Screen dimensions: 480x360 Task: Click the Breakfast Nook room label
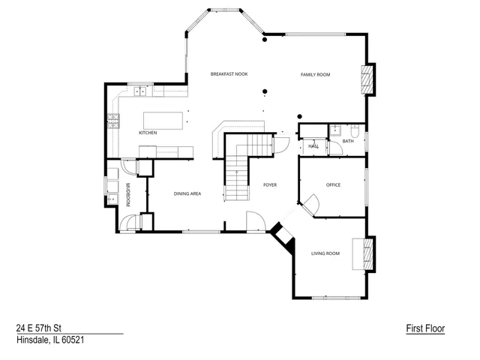[x=229, y=74]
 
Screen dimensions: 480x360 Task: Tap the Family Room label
[x=315, y=75]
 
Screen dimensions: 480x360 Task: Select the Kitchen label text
[x=148, y=133]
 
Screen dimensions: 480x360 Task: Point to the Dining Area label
[x=187, y=193]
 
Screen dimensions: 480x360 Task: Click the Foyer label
[x=270, y=185]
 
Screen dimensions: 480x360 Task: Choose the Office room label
[x=333, y=185]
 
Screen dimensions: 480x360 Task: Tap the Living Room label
[x=325, y=253]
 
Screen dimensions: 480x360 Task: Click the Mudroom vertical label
[x=128, y=195]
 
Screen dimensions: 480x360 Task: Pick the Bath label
[x=348, y=141]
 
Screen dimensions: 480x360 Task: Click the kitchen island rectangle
[x=163, y=121]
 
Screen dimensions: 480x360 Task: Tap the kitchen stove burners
[x=113, y=121]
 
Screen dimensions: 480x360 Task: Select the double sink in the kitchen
[x=140, y=91]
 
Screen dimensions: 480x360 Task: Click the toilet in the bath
[x=355, y=130]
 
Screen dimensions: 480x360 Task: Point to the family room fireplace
[x=367, y=79]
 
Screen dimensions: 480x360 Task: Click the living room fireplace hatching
[x=368, y=254]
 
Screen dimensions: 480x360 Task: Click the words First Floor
[x=425, y=328]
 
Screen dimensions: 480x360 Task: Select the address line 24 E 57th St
[x=39, y=328]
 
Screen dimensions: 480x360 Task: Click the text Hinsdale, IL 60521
[x=50, y=340]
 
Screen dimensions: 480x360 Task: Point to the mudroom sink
[x=112, y=199]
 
